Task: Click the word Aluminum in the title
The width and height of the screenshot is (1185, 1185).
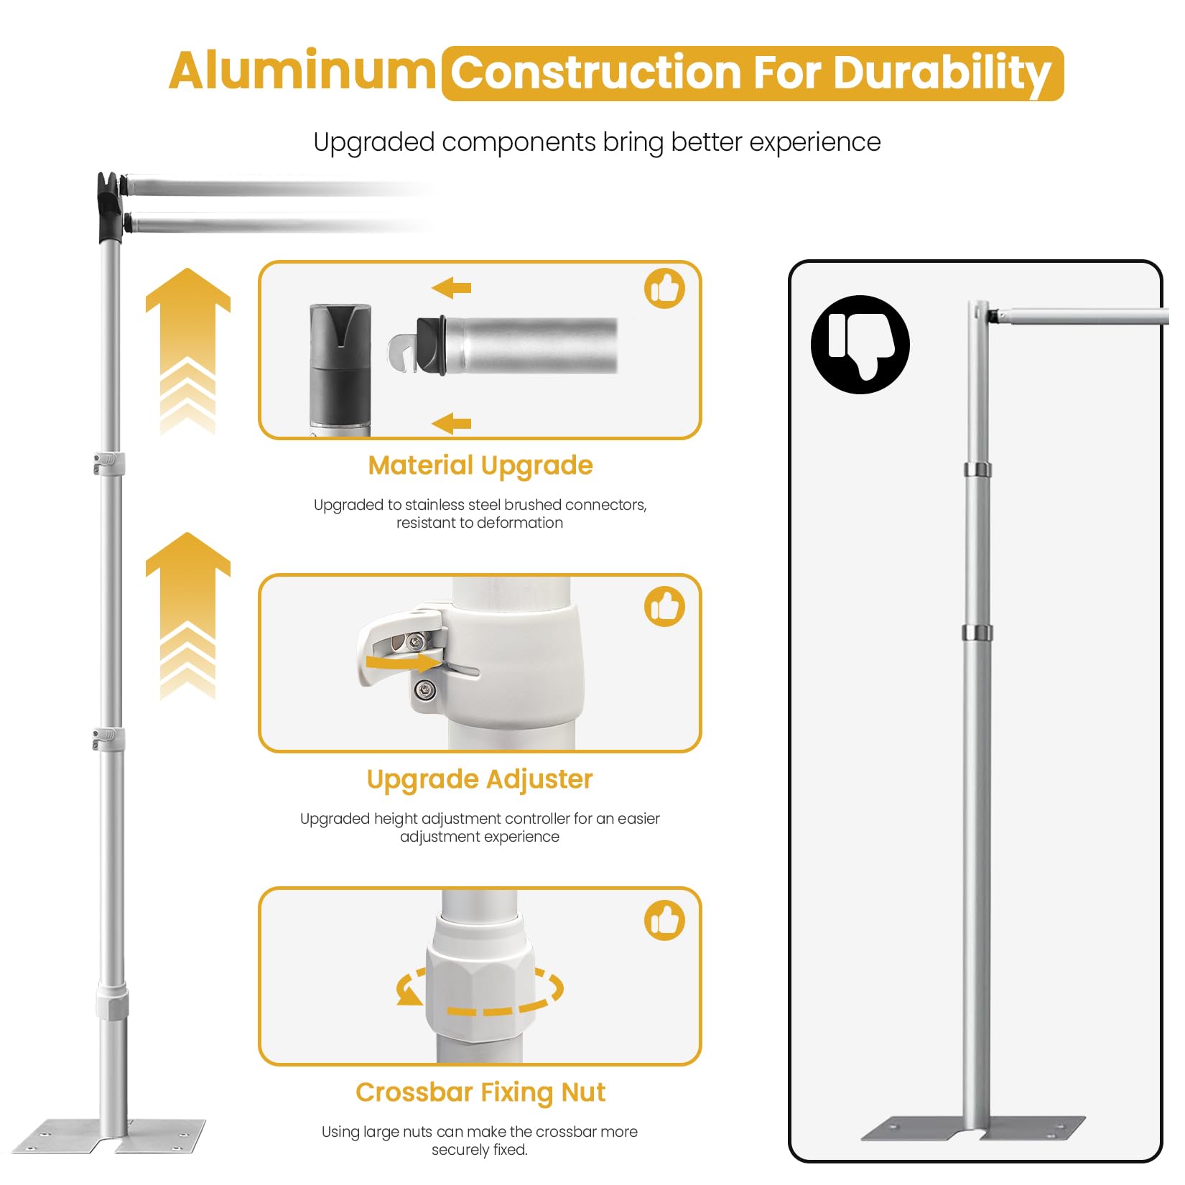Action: tap(302, 71)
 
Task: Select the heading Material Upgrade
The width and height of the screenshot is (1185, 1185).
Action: tap(480, 466)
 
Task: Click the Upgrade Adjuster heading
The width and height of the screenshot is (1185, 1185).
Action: tap(480, 780)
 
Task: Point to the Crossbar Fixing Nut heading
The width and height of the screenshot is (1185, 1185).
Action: tap(480, 1092)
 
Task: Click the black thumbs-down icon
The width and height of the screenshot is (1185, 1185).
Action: tap(860, 345)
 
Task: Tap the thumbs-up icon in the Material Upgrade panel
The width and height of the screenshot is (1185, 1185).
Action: tap(664, 289)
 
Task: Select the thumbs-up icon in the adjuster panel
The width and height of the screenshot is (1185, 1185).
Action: tap(664, 607)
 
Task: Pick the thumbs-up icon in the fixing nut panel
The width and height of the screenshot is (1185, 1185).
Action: tap(664, 921)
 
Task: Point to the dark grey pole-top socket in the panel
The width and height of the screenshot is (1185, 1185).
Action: tap(340, 366)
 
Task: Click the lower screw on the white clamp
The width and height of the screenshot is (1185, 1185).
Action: tap(426, 690)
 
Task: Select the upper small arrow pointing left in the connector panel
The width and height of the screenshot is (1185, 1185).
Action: tap(451, 288)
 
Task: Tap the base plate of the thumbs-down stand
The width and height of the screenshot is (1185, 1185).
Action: tap(973, 1128)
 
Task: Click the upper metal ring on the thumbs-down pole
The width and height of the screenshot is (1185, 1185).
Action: tap(977, 470)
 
